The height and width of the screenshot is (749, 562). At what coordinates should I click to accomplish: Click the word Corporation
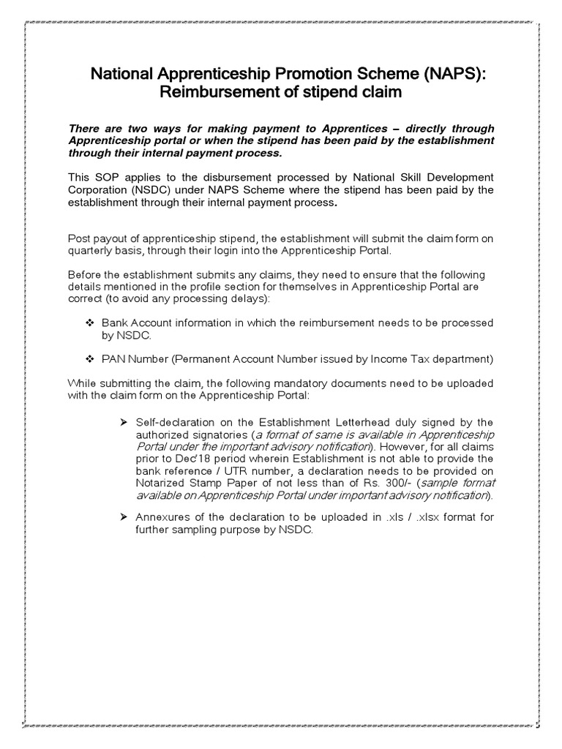(98, 190)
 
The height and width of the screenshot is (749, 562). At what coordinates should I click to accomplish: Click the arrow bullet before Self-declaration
(124, 422)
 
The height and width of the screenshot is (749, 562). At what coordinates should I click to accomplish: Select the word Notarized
(164, 483)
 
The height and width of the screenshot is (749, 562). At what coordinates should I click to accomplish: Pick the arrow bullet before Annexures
(124, 518)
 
